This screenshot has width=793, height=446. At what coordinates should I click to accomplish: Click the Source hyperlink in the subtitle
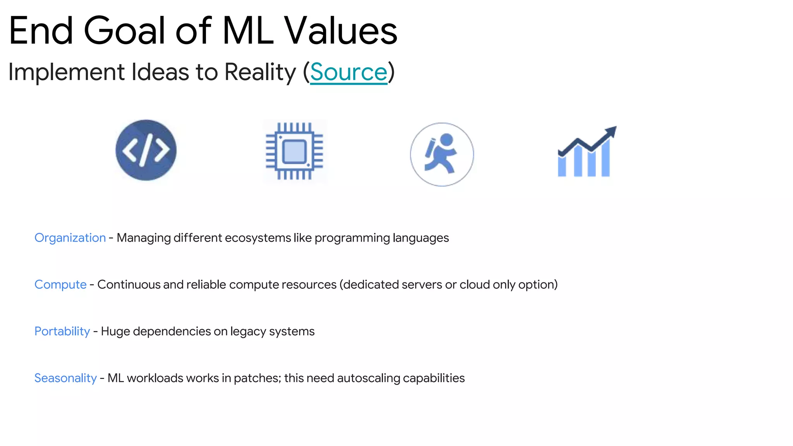[348, 72]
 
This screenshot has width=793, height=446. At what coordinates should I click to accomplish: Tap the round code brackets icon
[146, 150]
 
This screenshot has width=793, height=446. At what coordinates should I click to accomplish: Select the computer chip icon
[295, 151]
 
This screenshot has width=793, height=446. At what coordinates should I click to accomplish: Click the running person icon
[442, 154]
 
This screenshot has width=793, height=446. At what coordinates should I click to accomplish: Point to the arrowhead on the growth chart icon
[611, 131]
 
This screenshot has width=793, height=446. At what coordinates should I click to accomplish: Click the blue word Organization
[70, 238]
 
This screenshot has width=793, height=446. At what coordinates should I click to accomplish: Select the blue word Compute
[60, 285]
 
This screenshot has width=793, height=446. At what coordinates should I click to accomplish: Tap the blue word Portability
[62, 331]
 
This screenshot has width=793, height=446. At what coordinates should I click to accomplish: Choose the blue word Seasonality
[65, 378]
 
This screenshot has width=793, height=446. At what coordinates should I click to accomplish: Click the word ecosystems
[257, 238]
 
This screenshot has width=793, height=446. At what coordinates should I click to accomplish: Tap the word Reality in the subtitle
[260, 72]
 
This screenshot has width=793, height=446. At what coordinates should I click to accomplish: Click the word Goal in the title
[125, 31]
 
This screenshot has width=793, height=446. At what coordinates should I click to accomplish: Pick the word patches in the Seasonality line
[257, 378]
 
